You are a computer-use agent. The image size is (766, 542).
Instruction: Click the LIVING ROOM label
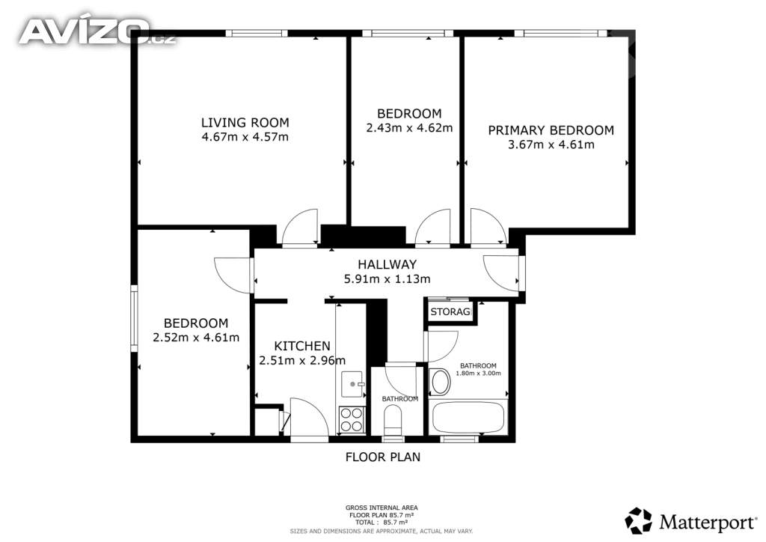point(245,122)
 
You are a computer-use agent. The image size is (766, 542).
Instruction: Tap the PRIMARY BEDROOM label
point(551,130)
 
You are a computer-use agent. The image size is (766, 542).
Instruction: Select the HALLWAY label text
point(387,264)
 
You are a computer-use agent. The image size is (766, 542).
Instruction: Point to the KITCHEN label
point(302,346)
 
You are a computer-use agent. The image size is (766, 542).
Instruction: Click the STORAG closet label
point(450,311)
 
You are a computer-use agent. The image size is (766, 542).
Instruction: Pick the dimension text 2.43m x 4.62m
point(409,128)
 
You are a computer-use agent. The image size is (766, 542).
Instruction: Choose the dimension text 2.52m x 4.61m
point(196,337)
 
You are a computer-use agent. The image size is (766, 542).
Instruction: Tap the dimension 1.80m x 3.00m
point(478,374)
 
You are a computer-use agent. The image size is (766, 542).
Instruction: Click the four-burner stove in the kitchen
point(352,420)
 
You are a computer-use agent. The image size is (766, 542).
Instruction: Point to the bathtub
point(468,418)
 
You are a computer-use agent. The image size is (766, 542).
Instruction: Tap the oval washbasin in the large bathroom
point(441,382)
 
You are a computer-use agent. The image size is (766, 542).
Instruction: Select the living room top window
point(257,33)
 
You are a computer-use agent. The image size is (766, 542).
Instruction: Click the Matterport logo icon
point(638,520)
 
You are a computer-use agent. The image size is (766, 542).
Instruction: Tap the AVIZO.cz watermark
point(96,31)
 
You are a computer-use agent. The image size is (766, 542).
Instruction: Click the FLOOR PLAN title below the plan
point(383,457)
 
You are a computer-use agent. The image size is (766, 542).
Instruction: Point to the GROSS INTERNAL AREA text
point(382,508)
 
